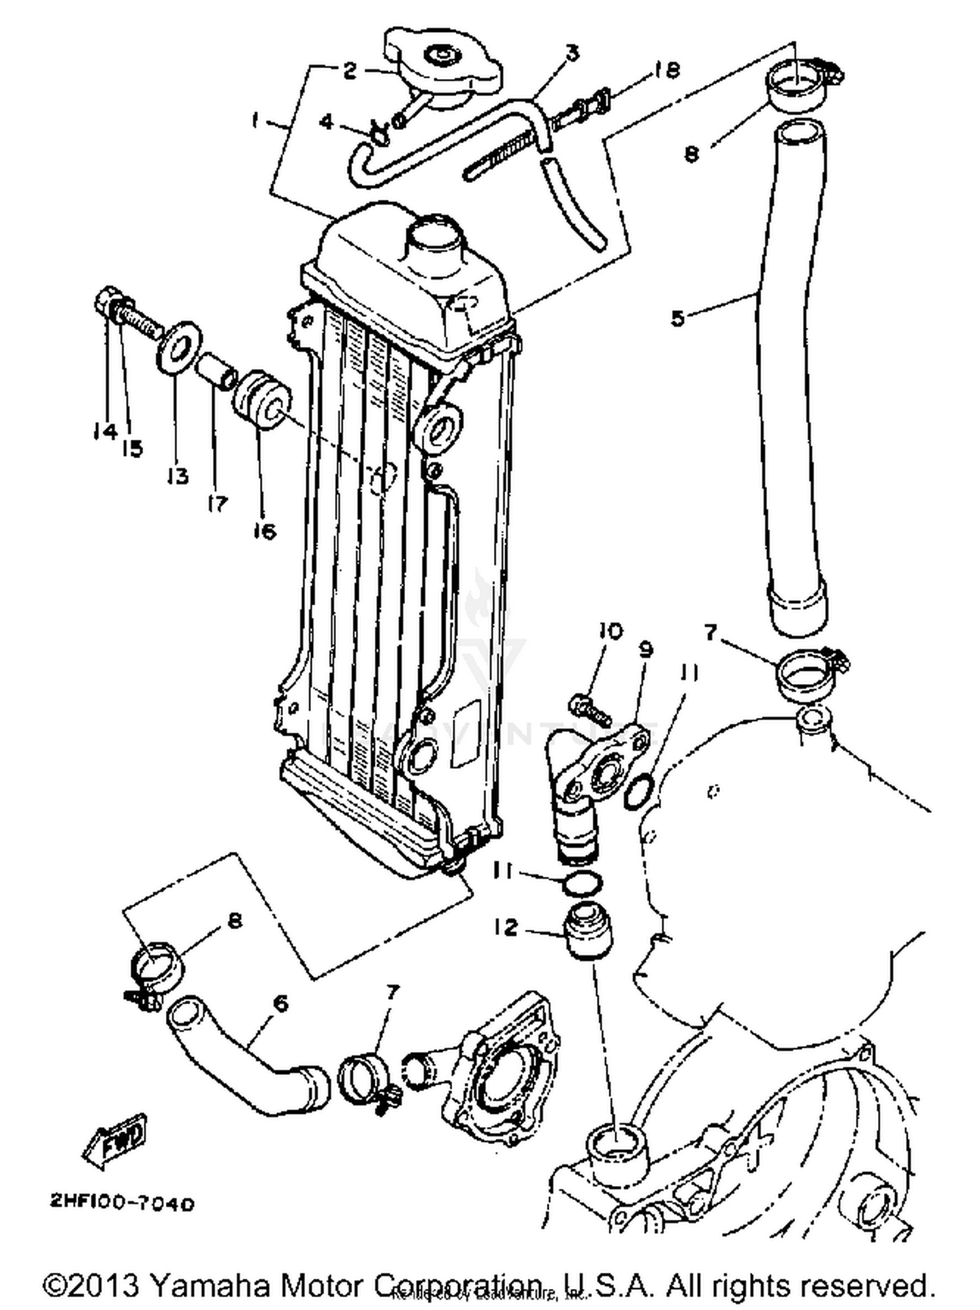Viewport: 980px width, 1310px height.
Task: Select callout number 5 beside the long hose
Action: (x=678, y=318)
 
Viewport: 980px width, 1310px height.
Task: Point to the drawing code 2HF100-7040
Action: (x=122, y=1204)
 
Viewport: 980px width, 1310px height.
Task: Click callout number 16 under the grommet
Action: (x=265, y=530)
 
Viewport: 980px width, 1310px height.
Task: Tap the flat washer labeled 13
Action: (x=178, y=347)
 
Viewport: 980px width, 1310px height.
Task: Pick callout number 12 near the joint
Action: (x=506, y=927)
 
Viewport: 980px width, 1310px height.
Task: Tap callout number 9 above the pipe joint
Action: (x=645, y=650)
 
